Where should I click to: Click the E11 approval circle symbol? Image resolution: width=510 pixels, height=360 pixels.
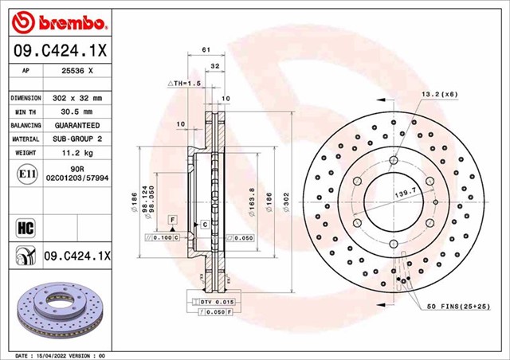coord(23,174)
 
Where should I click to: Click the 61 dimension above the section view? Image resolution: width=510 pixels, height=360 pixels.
coord(206,50)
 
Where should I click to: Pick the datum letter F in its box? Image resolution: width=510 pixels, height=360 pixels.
coord(171,219)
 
